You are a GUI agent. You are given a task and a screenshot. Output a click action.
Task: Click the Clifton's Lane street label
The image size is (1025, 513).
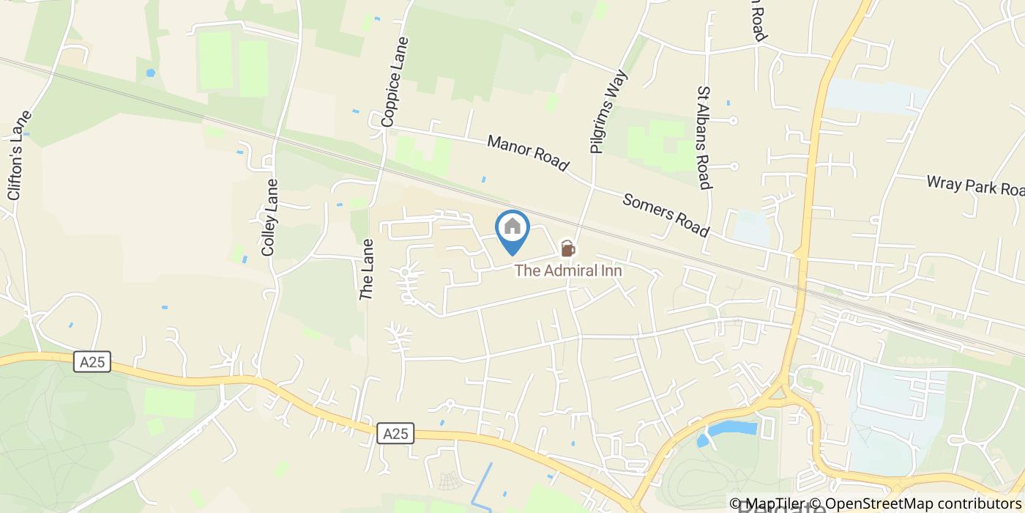click(20, 155)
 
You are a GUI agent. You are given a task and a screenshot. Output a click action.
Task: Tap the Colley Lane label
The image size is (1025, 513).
click(269, 218)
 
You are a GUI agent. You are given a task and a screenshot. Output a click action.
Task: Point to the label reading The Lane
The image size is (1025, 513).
click(368, 269)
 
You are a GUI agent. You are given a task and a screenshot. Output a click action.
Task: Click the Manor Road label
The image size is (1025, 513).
click(528, 153)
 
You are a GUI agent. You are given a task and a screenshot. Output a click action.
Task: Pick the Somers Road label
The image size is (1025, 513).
click(666, 215)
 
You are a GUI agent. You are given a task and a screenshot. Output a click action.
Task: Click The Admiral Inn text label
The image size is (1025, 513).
click(568, 270)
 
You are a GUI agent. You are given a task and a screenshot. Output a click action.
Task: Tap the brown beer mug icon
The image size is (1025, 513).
click(568, 249)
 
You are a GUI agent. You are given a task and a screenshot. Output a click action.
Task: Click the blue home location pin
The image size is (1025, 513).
click(512, 229)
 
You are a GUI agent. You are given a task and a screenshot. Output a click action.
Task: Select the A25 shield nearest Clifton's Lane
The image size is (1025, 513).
click(92, 361)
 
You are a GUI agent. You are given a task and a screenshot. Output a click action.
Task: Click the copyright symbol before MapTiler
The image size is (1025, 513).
click(735, 503)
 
